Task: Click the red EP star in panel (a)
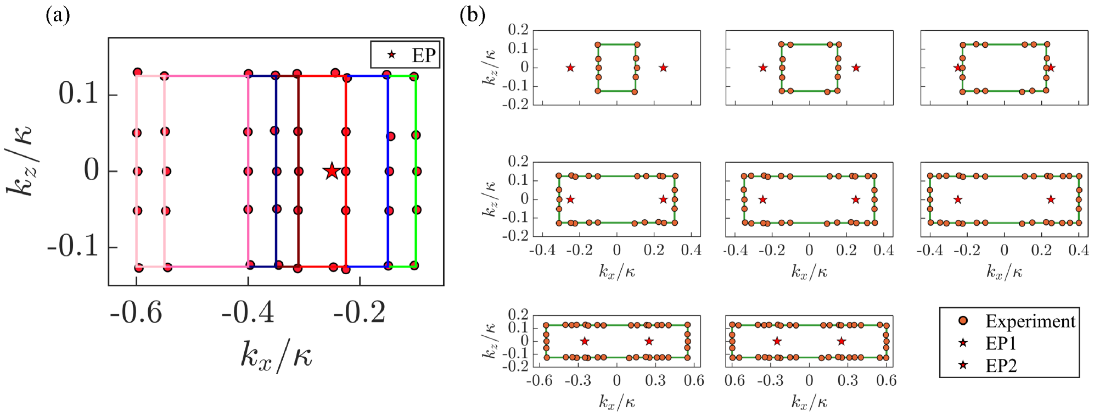(332, 171)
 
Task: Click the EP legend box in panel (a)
(405, 55)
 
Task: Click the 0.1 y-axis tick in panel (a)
(78, 94)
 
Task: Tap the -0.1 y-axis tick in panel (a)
(73, 247)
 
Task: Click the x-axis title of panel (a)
(277, 355)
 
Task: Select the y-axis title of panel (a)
(21, 162)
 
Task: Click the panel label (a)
(58, 15)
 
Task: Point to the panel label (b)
(473, 15)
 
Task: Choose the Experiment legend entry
(1019, 321)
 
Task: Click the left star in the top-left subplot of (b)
(570, 68)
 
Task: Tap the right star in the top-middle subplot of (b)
(856, 68)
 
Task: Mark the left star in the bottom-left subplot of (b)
(585, 341)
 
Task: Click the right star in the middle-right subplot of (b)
(1051, 199)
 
